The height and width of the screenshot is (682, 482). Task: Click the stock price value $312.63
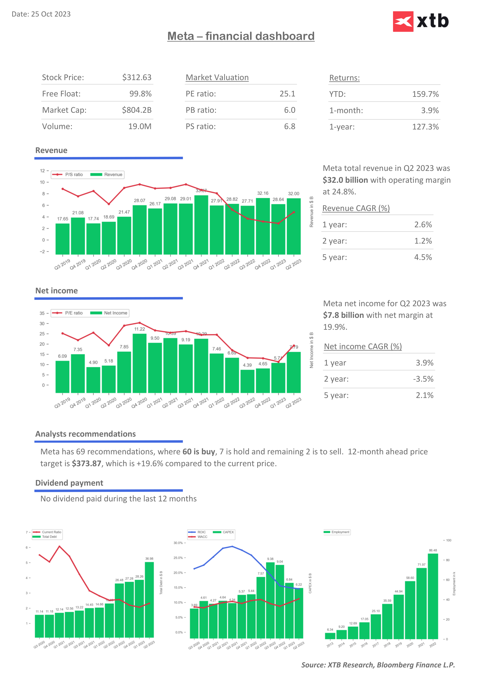137,78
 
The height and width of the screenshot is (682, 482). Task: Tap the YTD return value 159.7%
425,94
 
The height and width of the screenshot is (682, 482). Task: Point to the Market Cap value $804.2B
137,110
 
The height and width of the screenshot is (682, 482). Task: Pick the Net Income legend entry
110,313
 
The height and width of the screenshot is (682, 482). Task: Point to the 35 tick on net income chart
42,313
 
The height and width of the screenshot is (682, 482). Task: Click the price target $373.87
87,464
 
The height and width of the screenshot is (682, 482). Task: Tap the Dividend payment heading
69,483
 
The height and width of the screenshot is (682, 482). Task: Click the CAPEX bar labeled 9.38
270,600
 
